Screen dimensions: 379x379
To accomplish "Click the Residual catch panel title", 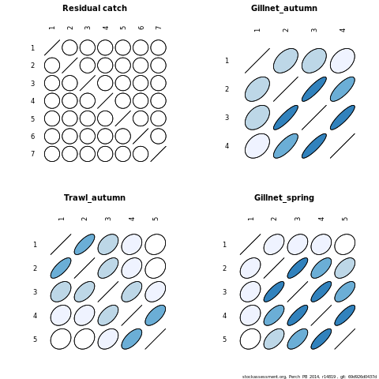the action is tap(95, 8).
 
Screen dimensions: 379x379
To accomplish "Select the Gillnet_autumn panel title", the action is tap(284, 9).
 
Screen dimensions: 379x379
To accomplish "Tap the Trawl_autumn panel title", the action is tap(95, 197).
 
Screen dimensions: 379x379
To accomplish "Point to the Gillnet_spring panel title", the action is tap(284, 198).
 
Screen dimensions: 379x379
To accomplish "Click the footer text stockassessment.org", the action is tap(264, 377).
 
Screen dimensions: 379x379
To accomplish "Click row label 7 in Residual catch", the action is tap(32, 154).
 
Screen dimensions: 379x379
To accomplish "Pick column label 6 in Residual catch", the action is tap(141, 28).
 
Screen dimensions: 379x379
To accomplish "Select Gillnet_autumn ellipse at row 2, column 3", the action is tap(314, 89).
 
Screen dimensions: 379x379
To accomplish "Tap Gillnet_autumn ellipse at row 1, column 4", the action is tap(343, 61).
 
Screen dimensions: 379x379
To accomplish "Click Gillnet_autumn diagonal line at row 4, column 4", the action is tap(343, 146).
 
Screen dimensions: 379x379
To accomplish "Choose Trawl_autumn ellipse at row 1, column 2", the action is tap(84, 244).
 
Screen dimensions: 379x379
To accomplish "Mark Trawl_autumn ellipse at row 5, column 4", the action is tap(132, 339).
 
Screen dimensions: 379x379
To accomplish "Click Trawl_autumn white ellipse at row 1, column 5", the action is tap(156, 244).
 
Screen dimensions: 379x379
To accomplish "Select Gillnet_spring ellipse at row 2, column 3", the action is tap(298, 268).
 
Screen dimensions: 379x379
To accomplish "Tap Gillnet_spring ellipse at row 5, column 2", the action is tap(274, 339).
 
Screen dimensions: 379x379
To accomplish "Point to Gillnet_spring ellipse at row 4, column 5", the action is tap(345, 315).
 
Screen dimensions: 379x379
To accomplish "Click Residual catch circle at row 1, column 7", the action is tap(158, 47).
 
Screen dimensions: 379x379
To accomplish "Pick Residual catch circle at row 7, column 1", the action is tap(52, 154).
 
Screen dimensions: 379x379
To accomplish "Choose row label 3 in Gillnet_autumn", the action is tap(227, 118).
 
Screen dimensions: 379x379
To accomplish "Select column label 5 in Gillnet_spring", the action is tap(345, 219).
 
